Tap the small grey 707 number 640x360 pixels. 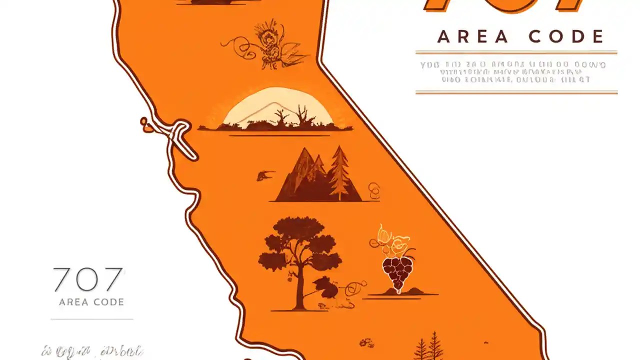(88, 280)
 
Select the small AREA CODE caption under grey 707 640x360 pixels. (91, 302)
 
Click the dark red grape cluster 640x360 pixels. (397, 273)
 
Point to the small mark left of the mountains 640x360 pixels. (265, 175)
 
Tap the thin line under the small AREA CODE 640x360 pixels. (92, 319)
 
